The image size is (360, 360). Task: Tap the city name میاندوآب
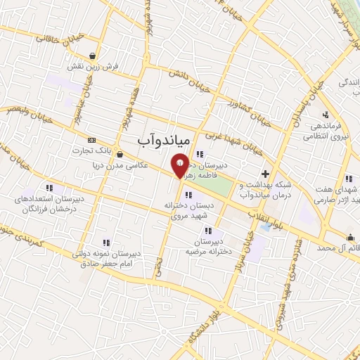click(x=163, y=141)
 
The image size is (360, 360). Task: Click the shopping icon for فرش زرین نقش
click(x=94, y=56)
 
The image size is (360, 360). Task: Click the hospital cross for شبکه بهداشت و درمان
click(x=265, y=173)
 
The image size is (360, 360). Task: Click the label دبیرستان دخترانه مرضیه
click(x=208, y=246)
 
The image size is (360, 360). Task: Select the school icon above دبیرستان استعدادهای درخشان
click(x=49, y=188)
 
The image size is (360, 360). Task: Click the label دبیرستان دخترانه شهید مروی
click(x=190, y=210)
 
